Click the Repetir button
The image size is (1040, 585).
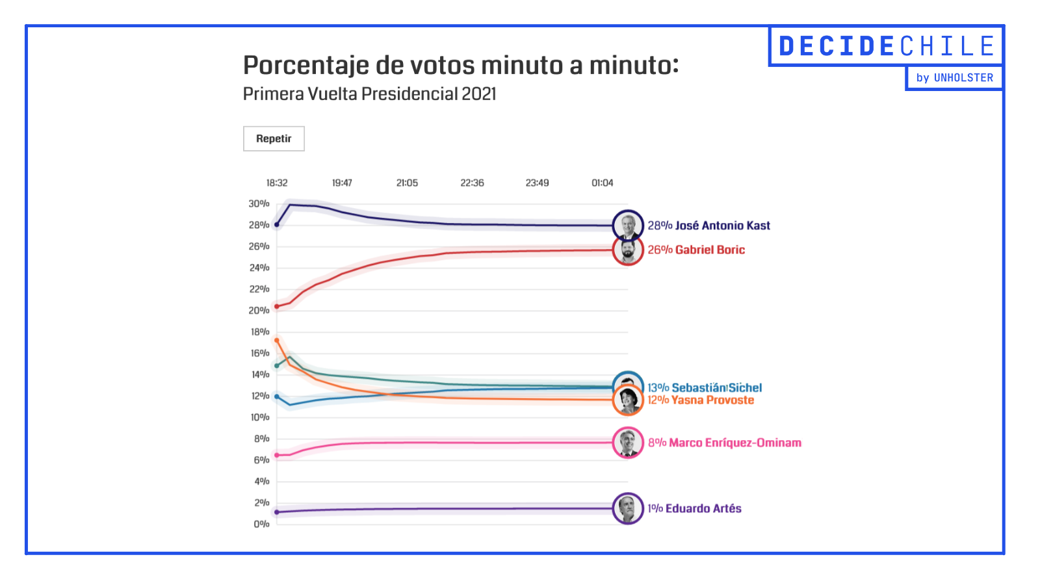[x=274, y=138]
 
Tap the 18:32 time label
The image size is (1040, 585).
[x=277, y=183]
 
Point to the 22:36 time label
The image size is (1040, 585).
[x=472, y=183]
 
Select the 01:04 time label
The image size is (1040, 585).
[x=602, y=183]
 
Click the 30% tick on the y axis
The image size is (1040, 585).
[x=259, y=203]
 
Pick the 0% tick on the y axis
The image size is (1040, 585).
[x=261, y=524]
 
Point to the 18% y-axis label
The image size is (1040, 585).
[x=260, y=331]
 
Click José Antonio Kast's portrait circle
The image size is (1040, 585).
[x=628, y=226]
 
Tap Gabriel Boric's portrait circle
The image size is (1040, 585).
[x=628, y=250]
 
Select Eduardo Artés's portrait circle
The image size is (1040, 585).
[x=628, y=508]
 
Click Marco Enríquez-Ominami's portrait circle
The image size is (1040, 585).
[x=628, y=443]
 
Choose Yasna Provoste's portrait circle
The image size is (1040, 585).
[x=628, y=400]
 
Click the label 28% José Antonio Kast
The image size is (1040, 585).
[x=708, y=226]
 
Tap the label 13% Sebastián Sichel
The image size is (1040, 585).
[x=705, y=387]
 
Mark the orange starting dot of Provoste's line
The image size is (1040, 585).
[x=277, y=340]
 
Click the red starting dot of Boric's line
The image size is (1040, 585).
[x=277, y=306]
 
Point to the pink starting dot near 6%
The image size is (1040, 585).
[x=277, y=455]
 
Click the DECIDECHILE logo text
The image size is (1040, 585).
[x=887, y=46]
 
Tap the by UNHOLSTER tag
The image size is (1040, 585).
[x=954, y=77]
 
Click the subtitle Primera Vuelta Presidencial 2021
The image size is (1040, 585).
[x=369, y=94]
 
